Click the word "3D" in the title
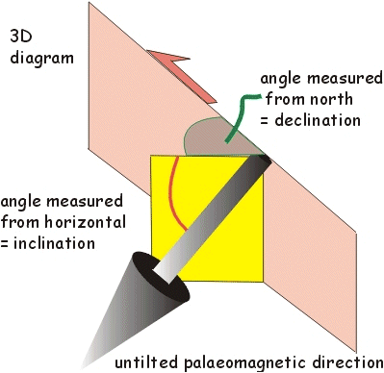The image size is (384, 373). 20,37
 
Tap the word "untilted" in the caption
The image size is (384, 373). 142,363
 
